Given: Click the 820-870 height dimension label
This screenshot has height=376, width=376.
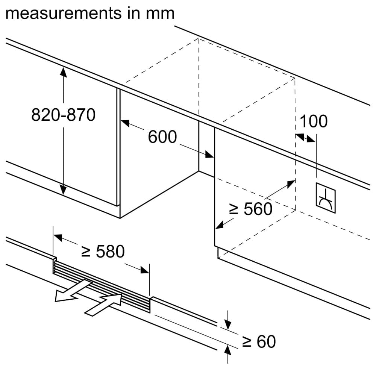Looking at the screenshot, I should tap(63, 115).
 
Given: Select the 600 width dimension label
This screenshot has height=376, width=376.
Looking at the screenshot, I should tap(162, 137).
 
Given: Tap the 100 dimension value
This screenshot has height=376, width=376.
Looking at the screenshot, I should tap(313, 121).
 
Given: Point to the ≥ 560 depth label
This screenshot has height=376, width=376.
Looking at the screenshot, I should tap(250, 209).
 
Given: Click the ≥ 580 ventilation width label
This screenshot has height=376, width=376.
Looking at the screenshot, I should tap(103, 252).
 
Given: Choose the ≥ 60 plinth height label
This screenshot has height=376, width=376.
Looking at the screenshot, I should tap(258, 341).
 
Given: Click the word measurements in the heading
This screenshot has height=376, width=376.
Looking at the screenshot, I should tap(62, 13).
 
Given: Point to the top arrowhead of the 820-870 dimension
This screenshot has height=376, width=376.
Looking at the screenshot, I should tap(63, 71).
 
